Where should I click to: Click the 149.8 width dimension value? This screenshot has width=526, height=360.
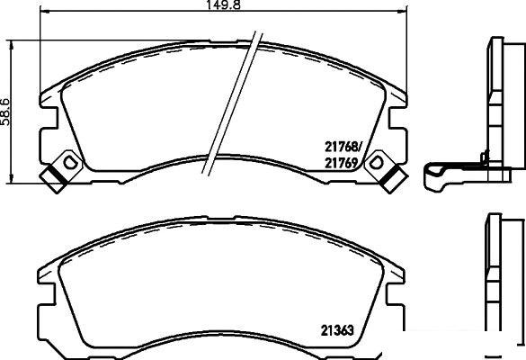click(223, 4)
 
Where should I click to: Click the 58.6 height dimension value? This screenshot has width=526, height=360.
click(5, 112)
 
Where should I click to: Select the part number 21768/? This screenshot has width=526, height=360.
click(343, 147)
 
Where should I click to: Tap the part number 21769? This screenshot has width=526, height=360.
click(341, 163)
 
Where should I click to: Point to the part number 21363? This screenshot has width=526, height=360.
click(337, 331)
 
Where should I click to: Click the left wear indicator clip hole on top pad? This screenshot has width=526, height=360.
click(70, 163)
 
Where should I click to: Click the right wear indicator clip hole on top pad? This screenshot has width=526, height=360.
click(376, 163)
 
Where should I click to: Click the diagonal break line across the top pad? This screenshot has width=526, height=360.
click(231, 103)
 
